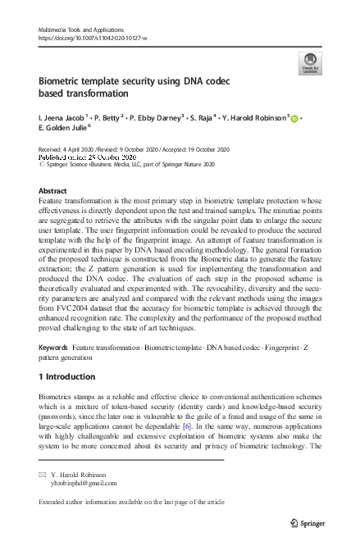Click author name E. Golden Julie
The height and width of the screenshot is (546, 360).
pyautogui.click(x=65, y=130)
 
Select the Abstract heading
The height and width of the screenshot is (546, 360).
pyautogui.click(x=53, y=190)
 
